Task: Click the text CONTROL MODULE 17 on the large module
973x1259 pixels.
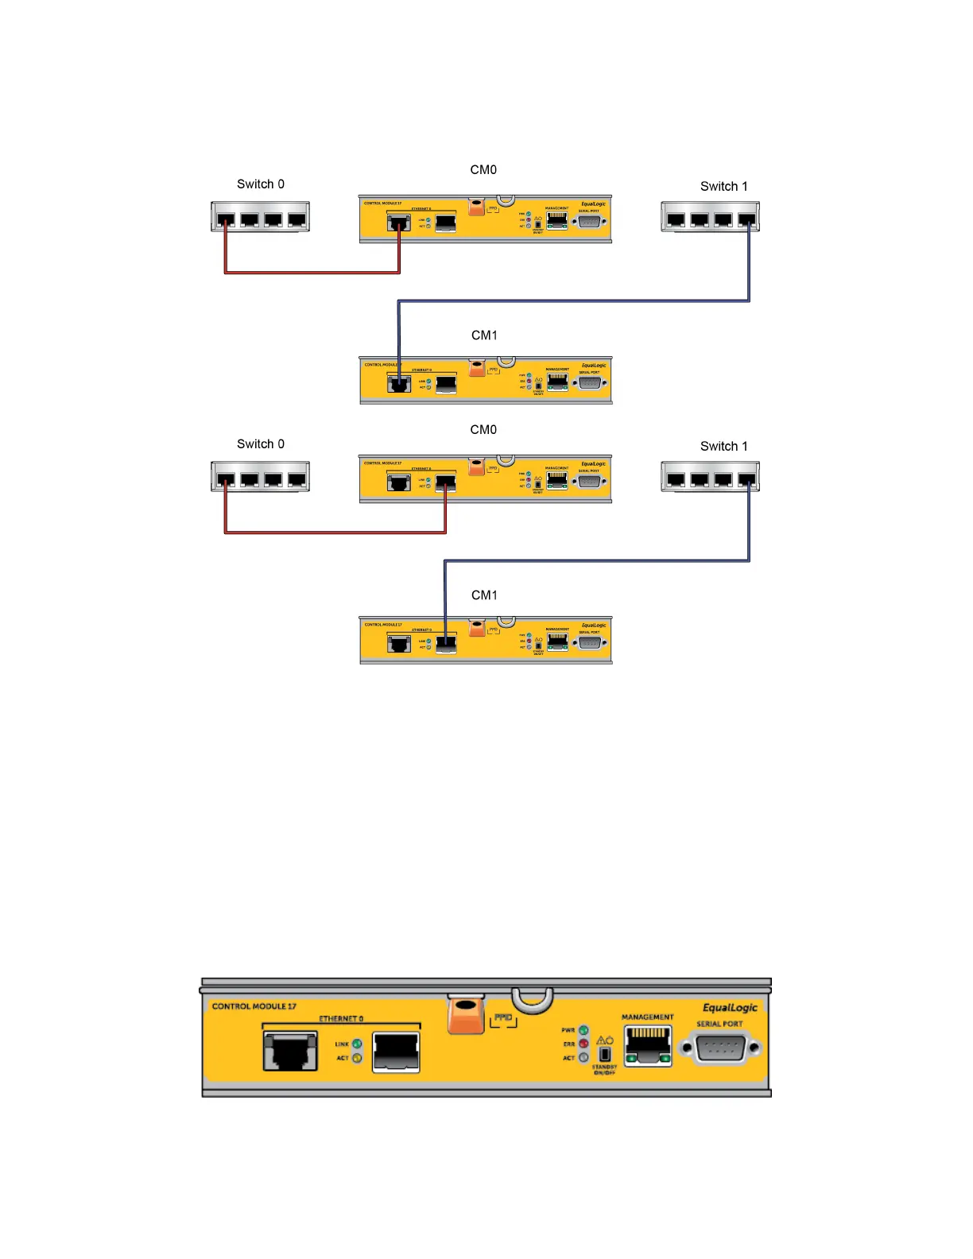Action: coord(254,1006)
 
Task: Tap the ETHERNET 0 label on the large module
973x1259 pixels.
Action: coord(341,1018)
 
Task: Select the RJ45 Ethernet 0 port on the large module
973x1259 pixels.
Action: coord(290,1051)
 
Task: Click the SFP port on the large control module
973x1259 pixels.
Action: coord(396,1052)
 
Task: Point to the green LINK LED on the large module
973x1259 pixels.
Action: coord(357,1044)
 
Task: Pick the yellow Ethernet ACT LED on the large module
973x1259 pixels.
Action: coord(357,1058)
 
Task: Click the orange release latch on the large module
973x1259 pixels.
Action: coord(466,1015)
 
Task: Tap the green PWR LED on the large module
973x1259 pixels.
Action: coord(583,1030)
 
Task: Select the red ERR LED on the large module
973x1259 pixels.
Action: coord(583,1044)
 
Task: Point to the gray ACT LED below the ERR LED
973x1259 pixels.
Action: coord(583,1058)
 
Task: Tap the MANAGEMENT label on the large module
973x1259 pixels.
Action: coord(647,1017)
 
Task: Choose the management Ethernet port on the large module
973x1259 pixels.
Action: coord(648,1045)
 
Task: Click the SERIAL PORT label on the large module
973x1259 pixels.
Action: coord(719,1024)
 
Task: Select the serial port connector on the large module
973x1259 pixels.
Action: coord(720,1048)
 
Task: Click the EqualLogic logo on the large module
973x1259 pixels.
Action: coord(730,1008)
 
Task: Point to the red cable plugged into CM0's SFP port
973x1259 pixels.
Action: coord(334,533)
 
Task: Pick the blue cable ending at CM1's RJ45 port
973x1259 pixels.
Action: coord(572,300)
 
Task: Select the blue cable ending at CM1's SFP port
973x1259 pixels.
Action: coord(596,561)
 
